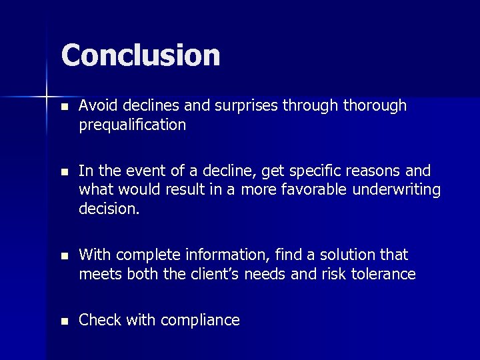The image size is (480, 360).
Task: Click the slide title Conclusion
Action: click(x=141, y=55)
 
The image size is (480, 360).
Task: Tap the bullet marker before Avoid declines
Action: click(x=64, y=107)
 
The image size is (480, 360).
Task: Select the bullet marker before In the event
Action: click(x=64, y=171)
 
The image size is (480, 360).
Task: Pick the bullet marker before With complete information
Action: click(x=64, y=256)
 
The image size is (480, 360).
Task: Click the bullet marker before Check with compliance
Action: click(x=64, y=321)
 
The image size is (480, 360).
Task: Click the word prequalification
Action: click(x=132, y=125)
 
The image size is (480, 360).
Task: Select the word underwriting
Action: click(x=399, y=190)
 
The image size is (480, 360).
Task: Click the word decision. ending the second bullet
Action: click(x=109, y=209)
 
